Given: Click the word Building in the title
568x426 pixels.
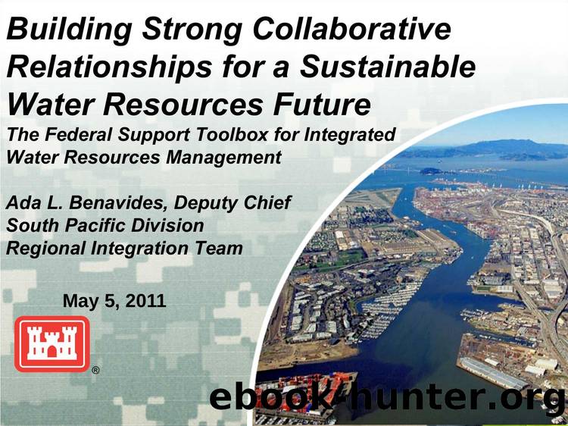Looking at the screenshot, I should point(58,31).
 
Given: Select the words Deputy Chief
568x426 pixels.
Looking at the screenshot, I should point(233,204).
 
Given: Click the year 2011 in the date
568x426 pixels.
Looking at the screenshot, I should point(144,301).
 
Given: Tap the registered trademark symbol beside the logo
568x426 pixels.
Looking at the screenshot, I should point(95,371).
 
